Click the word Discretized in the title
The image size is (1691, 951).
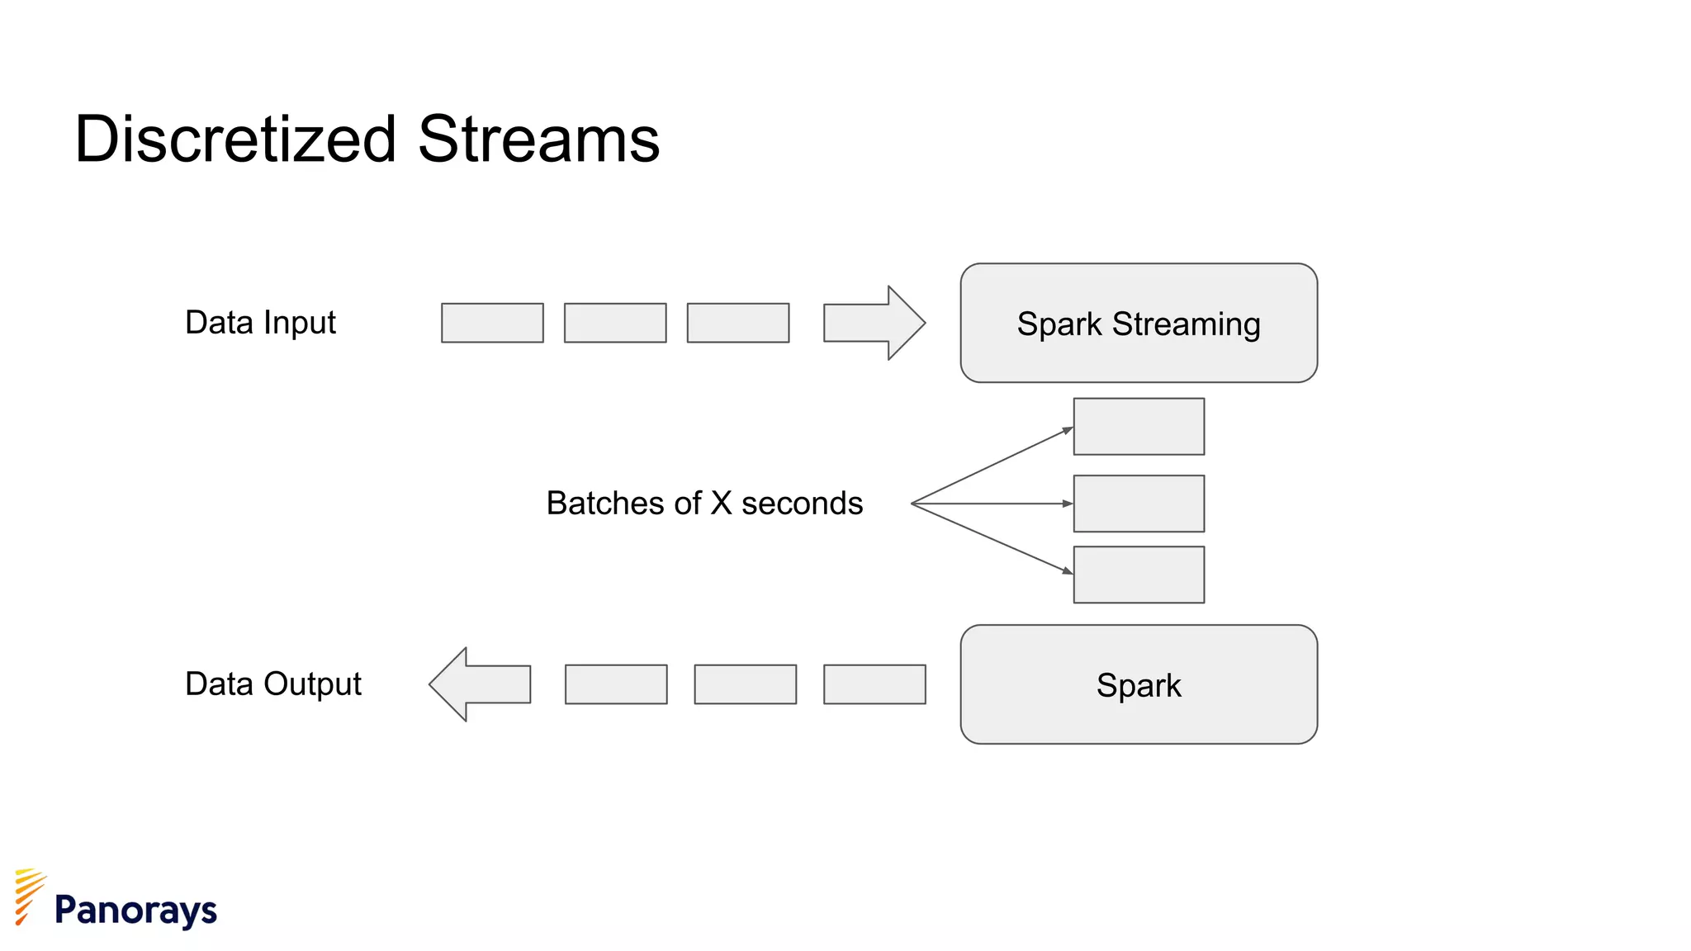point(235,139)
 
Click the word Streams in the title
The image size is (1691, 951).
point(538,139)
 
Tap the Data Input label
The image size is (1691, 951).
point(260,322)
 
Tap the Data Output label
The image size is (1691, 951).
point(272,684)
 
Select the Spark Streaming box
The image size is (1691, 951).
point(1139,323)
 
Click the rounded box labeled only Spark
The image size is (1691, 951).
point(1139,684)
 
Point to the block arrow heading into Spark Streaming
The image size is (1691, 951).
point(874,323)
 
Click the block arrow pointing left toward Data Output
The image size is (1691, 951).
point(481,684)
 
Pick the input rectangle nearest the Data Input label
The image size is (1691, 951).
point(492,323)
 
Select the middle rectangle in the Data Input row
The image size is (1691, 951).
point(615,323)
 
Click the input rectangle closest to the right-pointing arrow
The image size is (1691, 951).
point(738,323)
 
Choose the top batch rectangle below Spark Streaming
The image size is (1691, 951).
point(1139,427)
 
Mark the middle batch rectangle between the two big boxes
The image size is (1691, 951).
point(1139,504)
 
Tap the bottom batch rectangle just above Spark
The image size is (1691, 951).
point(1139,575)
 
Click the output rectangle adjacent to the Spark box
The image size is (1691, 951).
point(874,684)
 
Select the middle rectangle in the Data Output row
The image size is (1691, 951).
point(746,684)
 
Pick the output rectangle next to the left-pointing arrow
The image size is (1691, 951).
point(616,684)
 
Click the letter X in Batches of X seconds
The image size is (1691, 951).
point(721,504)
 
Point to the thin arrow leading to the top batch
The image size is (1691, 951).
point(991,466)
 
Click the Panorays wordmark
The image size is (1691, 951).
point(135,910)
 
